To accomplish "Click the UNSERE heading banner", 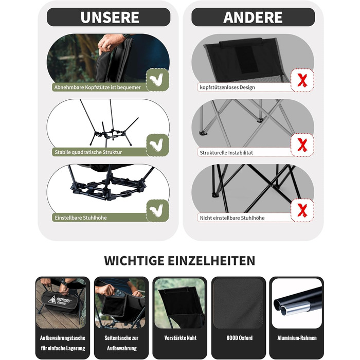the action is tap(109, 17).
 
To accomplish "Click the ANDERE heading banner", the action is tap(253, 17).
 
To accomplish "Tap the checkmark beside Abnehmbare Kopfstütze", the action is tap(156, 79).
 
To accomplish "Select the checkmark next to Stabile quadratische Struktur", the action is tap(156, 145).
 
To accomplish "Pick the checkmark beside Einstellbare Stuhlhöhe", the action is tap(156, 210).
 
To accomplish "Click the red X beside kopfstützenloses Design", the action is tap(302, 80).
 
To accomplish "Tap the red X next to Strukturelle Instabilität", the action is tap(302, 145).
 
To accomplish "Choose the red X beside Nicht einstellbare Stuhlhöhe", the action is tap(302, 210).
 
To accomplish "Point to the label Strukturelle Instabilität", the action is tap(226, 153).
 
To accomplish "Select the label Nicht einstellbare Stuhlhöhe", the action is tap(232, 218).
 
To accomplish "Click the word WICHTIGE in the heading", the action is tap(134, 261).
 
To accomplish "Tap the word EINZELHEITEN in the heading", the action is tap(211, 261).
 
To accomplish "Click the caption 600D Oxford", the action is tap(240, 338).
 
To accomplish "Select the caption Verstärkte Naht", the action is tap(181, 338).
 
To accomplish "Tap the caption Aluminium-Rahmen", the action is tap(297, 338).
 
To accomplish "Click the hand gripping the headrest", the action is tap(111, 43).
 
